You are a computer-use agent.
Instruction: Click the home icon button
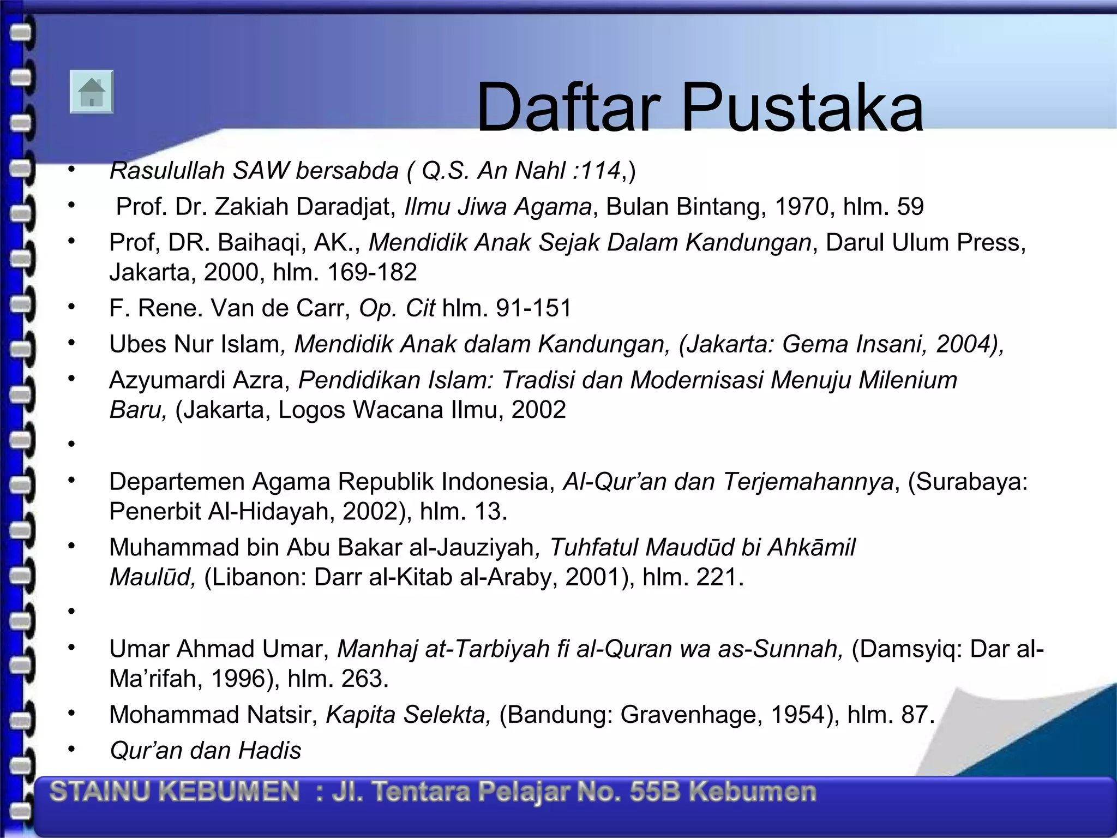pyautogui.click(x=92, y=92)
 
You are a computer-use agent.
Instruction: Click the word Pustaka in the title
pyautogui.click(x=802, y=107)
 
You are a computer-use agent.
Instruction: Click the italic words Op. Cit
pyautogui.click(x=397, y=308)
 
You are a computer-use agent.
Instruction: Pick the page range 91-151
pyautogui.click(x=533, y=308)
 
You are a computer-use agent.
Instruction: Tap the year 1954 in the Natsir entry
pyautogui.click(x=797, y=715)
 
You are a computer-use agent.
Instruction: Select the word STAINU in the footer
pyautogui.click(x=99, y=792)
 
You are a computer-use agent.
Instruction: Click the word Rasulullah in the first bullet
pyautogui.click(x=167, y=171)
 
